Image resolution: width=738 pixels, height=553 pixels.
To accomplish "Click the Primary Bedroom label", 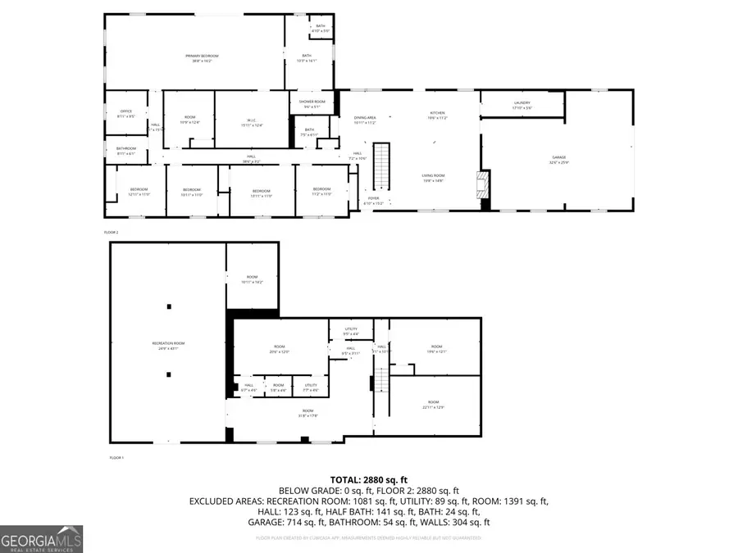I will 195,58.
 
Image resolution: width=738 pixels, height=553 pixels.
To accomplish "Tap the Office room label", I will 125,114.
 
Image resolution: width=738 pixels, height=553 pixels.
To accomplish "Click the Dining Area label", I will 365,120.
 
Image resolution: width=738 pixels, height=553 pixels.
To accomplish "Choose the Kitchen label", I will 437,116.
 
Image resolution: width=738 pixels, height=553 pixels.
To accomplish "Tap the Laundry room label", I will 522,105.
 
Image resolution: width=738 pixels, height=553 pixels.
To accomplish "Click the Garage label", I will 558,159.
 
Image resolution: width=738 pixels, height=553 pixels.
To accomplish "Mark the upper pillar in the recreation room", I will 169,306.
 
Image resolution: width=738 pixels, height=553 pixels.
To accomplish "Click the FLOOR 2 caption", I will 112,233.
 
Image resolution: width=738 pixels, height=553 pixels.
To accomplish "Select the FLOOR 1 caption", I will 116,457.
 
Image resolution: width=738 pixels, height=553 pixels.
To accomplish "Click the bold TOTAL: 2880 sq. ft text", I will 368,480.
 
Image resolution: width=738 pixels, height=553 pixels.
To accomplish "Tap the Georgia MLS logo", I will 41,539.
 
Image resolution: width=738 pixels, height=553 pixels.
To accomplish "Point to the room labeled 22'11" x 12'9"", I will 433,405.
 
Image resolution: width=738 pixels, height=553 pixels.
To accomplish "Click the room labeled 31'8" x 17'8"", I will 307,412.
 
